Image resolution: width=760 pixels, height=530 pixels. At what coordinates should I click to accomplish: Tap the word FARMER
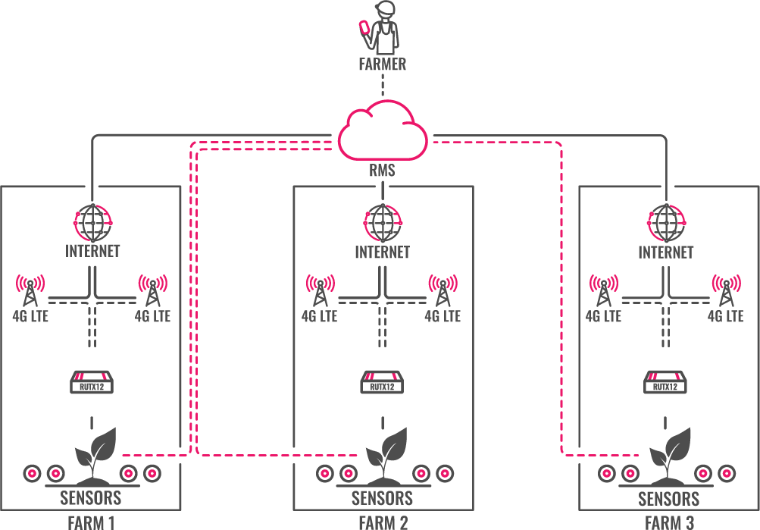click(x=382, y=64)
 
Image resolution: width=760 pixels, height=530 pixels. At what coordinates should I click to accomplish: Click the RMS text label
click(x=382, y=171)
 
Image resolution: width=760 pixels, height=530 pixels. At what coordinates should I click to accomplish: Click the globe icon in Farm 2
click(x=382, y=223)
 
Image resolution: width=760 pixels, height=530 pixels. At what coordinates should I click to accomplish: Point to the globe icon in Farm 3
click(x=666, y=223)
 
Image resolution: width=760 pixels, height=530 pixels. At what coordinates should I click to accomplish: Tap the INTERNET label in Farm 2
click(x=382, y=252)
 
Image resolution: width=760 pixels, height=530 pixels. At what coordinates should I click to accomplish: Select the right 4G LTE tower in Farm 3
click(x=726, y=290)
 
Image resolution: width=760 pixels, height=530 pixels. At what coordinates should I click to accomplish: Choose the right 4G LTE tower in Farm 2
click(x=443, y=290)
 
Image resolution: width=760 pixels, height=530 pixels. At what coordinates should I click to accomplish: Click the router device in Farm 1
click(x=92, y=383)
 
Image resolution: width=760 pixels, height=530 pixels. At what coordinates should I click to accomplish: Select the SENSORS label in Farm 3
click(x=668, y=499)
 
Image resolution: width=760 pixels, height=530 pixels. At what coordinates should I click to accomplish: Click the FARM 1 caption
click(x=91, y=522)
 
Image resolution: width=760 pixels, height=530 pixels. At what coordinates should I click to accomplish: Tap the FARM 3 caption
click(x=668, y=522)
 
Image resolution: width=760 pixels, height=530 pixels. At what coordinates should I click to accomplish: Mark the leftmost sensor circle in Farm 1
click(x=33, y=473)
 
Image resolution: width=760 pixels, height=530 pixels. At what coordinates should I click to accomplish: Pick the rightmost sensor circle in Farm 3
click(x=726, y=473)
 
